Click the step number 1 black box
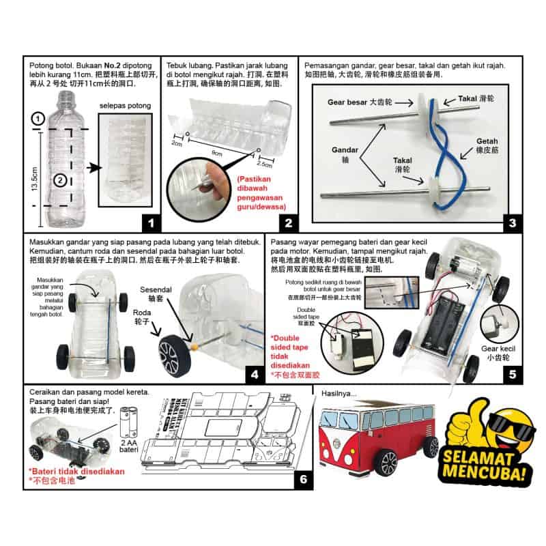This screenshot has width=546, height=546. pyautogui.click(x=149, y=222)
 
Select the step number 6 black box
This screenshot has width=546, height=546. pyautogui.click(x=304, y=480)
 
